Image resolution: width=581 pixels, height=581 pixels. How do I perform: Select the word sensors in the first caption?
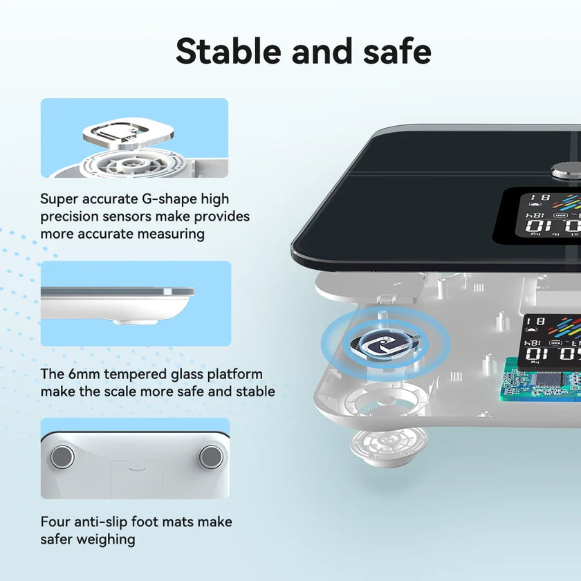pyautogui.click(x=129, y=216)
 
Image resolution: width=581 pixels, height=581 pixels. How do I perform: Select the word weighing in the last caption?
pyautogui.click(x=106, y=539)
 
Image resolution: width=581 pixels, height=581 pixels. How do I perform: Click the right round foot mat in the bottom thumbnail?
pyautogui.click(x=210, y=455)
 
